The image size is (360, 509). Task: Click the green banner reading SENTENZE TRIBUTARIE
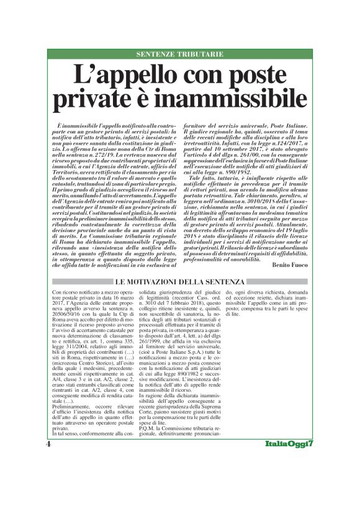[179, 54]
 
